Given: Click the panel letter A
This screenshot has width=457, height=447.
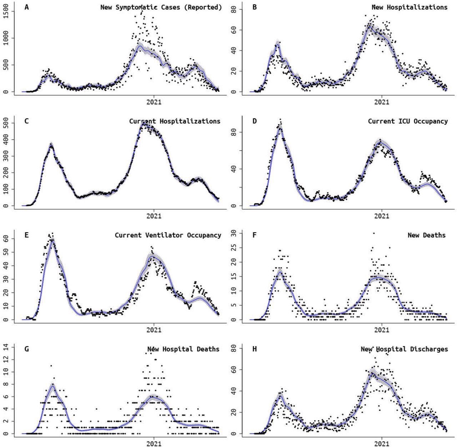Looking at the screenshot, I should (26, 7).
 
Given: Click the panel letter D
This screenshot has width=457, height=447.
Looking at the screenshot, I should (255, 121).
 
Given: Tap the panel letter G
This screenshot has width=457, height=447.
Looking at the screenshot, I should (26, 349).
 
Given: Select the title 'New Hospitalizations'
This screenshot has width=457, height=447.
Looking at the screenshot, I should (409, 7).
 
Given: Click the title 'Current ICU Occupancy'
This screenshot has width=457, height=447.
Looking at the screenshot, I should (408, 121).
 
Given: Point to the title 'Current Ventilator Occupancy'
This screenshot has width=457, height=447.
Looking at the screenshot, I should (168, 235).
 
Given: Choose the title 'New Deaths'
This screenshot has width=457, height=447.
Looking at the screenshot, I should (426, 235).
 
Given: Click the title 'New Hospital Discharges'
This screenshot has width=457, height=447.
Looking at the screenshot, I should (404, 349).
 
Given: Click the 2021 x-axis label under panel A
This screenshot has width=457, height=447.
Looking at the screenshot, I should (154, 102).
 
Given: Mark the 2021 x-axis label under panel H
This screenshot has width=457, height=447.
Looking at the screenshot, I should (382, 443).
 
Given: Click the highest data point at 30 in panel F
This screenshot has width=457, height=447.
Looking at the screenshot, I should (373, 233).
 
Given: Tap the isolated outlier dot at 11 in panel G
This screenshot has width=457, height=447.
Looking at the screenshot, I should (51, 366).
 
